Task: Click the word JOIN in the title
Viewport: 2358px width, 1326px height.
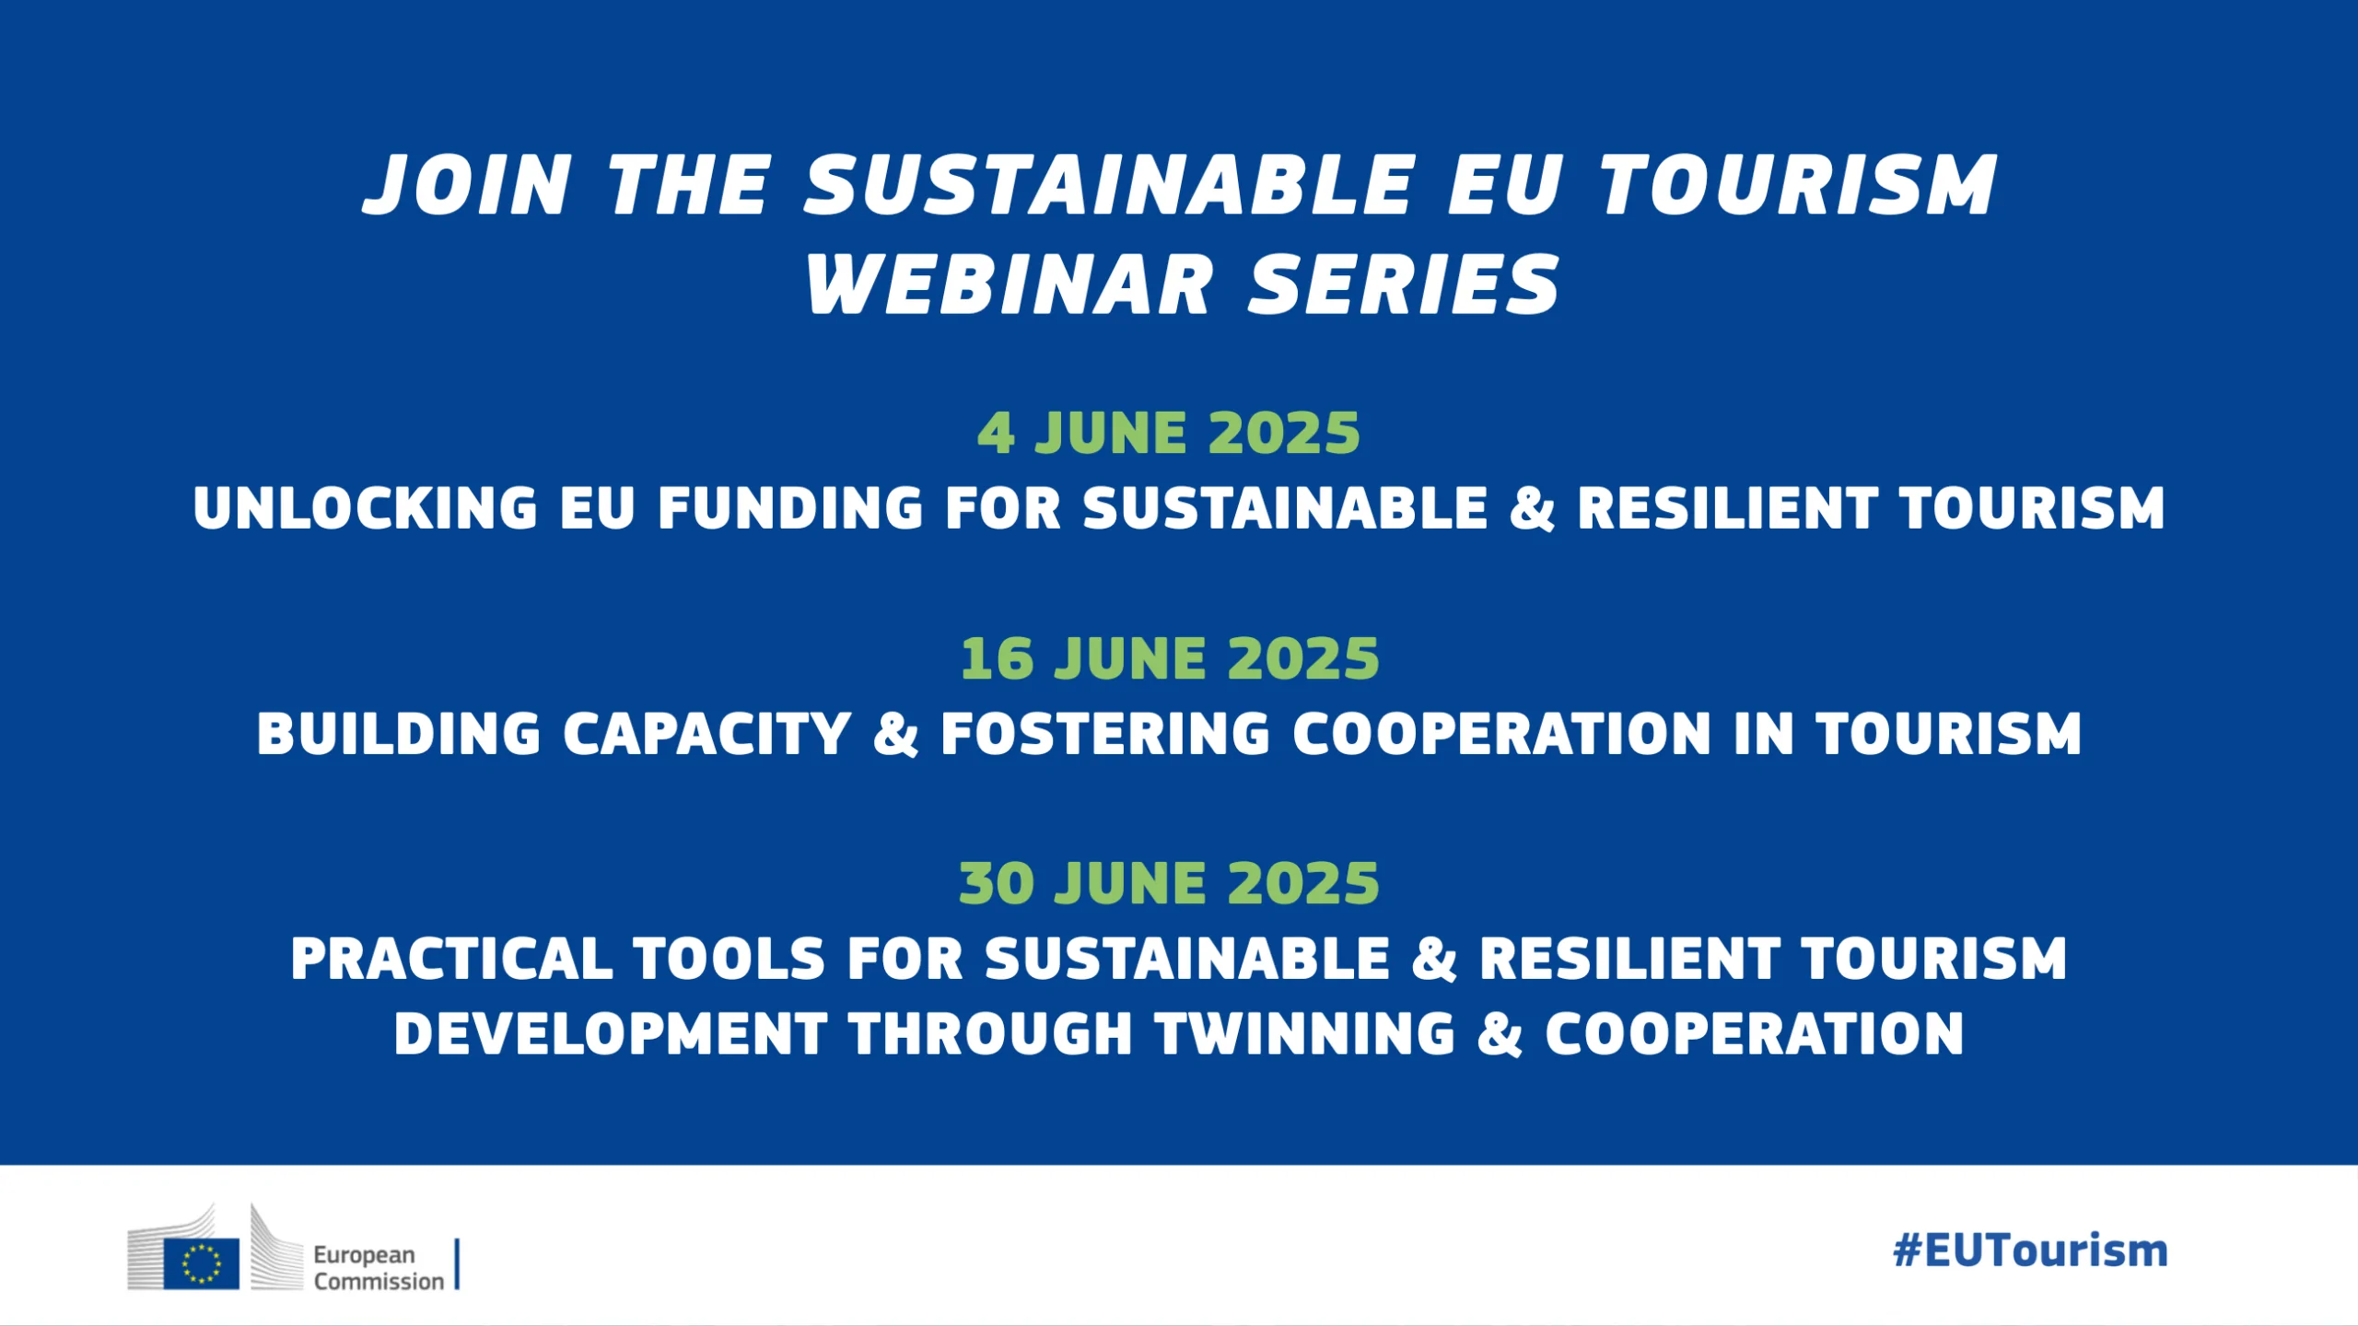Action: (x=468, y=186)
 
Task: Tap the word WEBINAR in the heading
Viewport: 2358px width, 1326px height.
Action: (x=1010, y=285)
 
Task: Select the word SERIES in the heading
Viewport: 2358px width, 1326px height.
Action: (x=1403, y=285)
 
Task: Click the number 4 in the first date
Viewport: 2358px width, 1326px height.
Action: (x=996, y=434)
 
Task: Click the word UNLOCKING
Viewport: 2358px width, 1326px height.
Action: (x=366, y=508)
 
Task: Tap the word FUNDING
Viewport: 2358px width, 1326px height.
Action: (x=790, y=508)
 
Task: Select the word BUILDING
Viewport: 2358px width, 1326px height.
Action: (x=399, y=734)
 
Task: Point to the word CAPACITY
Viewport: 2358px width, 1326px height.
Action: (x=706, y=734)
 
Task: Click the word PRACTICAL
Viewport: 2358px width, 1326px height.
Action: (x=451, y=959)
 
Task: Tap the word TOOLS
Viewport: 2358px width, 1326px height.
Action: (x=729, y=959)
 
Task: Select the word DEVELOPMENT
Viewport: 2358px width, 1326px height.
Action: (x=611, y=1033)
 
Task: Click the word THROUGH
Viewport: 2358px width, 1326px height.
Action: (x=990, y=1033)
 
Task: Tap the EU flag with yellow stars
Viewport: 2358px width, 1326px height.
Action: (x=202, y=1263)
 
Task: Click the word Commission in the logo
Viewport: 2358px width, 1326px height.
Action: (x=379, y=1281)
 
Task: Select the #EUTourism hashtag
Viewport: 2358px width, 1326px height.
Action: (x=2030, y=1251)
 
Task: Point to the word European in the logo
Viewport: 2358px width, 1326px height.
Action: (x=364, y=1255)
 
